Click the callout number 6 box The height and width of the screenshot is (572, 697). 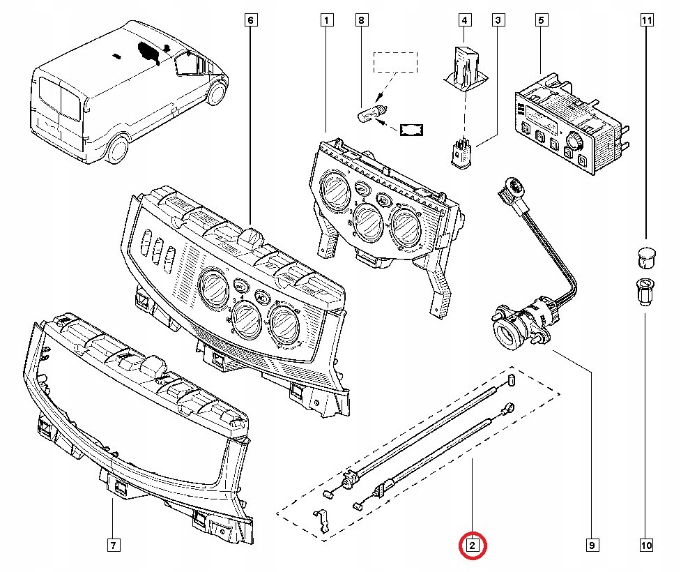pyautogui.click(x=250, y=20)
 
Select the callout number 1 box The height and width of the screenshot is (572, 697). pyautogui.click(x=324, y=20)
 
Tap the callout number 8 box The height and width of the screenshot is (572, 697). pyautogui.click(x=360, y=20)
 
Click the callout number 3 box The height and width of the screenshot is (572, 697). pyautogui.click(x=498, y=20)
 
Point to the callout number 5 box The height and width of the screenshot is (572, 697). pyautogui.click(x=540, y=20)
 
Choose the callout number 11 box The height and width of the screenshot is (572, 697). pyautogui.click(x=646, y=20)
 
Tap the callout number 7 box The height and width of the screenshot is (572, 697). pyautogui.click(x=113, y=544)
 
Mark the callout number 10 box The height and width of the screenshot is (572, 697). pyautogui.click(x=646, y=544)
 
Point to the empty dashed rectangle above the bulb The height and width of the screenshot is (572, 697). pyautogui.click(x=394, y=62)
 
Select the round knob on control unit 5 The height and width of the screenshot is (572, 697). pyautogui.click(x=574, y=140)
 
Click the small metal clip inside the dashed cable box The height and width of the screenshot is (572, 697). pyautogui.click(x=322, y=521)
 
